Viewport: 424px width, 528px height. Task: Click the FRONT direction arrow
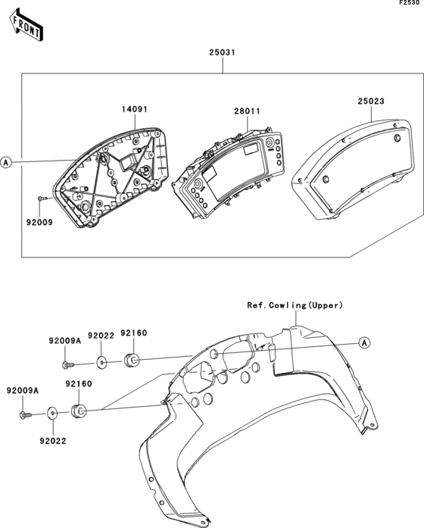pos(26,26)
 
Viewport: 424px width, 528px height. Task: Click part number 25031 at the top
pos(222,52)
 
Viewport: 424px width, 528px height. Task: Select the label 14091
pos(135,109)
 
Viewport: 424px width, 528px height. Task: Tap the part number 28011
pos(248,111)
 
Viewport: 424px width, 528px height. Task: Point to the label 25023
pos(371,101)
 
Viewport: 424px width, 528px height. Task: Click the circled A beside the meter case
pos(6,163)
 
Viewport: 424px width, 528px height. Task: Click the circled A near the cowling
pos(364,343)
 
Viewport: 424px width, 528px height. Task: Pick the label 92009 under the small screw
pos(39,222)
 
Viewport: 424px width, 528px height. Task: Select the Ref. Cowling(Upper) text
pos(295,305)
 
